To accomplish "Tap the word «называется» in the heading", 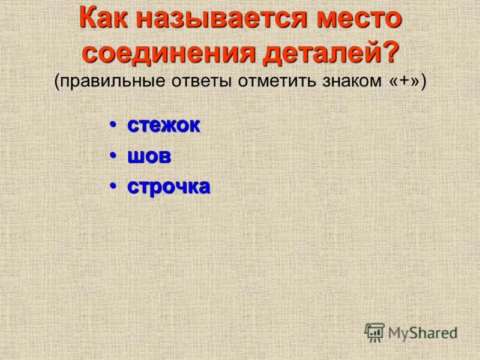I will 220,19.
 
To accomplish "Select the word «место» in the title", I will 356,19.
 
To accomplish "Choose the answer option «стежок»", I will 163,125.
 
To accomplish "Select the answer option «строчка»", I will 169,187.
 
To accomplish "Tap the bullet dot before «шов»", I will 112,156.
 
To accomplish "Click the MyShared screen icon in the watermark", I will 374,332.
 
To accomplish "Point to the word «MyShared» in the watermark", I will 422,333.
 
